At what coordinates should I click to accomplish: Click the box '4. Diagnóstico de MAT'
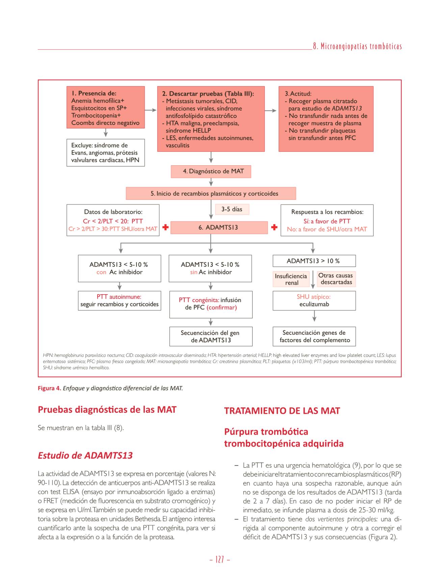click(211, 171)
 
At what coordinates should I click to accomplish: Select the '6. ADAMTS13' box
click(218, 227)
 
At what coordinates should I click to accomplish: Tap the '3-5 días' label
click(232, 209)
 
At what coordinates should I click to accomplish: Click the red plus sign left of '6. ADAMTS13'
click(165, 227)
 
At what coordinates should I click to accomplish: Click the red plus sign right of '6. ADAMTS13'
click(274, 227)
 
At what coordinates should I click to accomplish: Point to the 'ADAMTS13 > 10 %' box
click(314, 261)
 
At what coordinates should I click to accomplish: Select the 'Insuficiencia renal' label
click(291, 279)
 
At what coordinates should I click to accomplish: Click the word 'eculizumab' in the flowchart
click(314, 304)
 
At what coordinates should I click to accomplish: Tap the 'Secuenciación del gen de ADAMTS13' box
click(211, 336)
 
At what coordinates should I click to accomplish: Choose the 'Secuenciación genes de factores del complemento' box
click(314, 336)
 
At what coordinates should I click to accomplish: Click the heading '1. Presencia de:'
click(94, 93)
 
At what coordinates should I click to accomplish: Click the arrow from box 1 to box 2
click(151, 110)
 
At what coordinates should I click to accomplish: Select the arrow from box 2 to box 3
click(271, 110)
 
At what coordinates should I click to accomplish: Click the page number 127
click(219, 560)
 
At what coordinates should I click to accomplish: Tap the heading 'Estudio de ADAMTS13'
click(85, 455)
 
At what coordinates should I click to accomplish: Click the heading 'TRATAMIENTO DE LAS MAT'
click(282, 411)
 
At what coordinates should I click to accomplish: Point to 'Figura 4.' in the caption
click(49, 388)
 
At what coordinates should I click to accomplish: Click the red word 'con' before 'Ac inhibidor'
click(101, 272)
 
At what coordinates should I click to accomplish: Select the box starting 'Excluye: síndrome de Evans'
click(105, 153)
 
